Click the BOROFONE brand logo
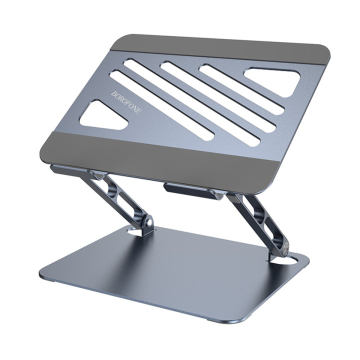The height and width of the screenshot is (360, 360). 126,102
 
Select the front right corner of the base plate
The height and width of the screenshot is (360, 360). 245,320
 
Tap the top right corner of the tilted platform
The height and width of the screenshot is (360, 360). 327,52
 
